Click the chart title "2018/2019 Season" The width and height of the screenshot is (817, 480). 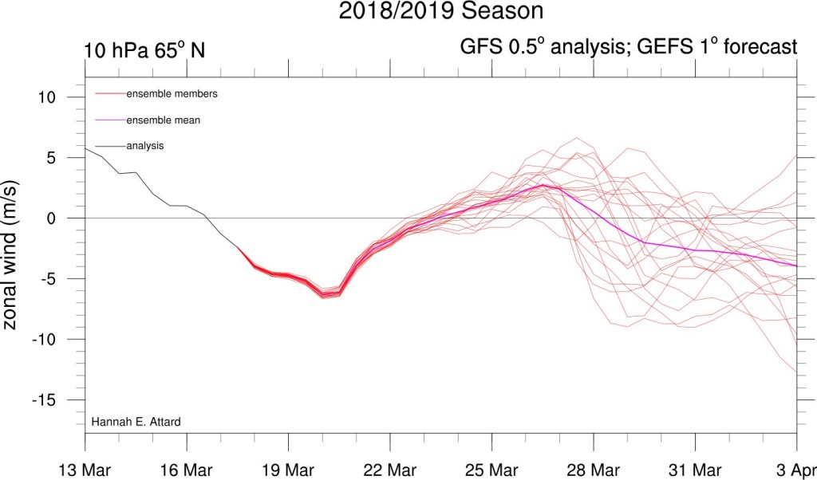[x=440, y=11]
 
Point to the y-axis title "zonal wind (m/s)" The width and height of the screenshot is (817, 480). [x=11, y=256]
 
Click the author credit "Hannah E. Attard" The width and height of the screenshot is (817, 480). [x=136, y=422]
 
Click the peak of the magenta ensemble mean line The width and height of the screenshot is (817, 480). [x=543, y=185]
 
